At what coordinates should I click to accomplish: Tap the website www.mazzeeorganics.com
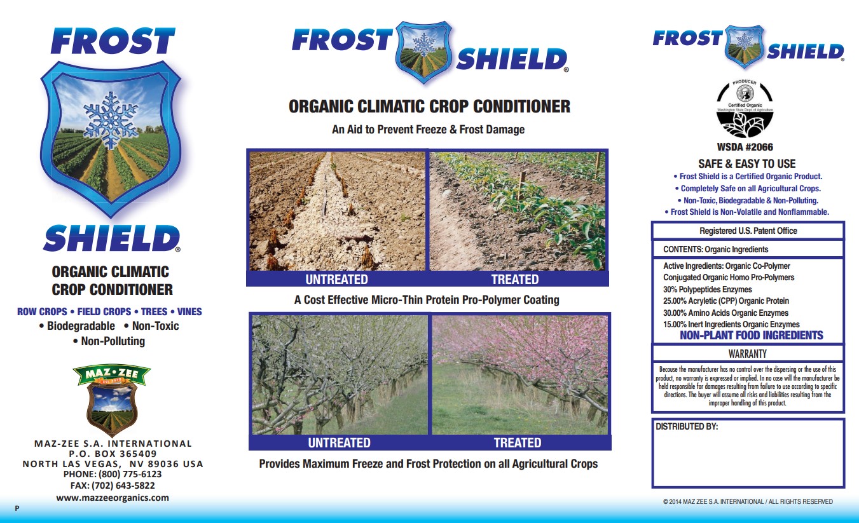click(113, 498)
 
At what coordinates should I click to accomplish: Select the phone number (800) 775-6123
click(113, 474)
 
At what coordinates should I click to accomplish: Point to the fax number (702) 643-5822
click(113, 486)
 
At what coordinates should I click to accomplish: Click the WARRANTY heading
click(747, 353)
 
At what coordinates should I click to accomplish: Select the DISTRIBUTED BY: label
click(687, 427)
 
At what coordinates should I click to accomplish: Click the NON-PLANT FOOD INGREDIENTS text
click(751, 336)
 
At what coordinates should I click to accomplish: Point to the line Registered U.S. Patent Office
click(748, 231)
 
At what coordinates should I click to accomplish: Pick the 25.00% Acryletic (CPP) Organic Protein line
click(725, 301)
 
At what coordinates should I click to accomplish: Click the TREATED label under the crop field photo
click(514, 280)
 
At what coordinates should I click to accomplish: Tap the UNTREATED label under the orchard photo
click(339, 443)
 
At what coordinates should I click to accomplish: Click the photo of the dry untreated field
click(337, 210)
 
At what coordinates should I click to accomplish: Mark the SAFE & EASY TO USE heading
click(746, 164)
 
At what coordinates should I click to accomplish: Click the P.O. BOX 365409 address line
click(113, 454)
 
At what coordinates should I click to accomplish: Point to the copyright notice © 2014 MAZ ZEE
click(747, 502)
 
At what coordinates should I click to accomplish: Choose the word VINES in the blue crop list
click(189, 312)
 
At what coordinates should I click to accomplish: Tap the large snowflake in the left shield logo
click(111, 119)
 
